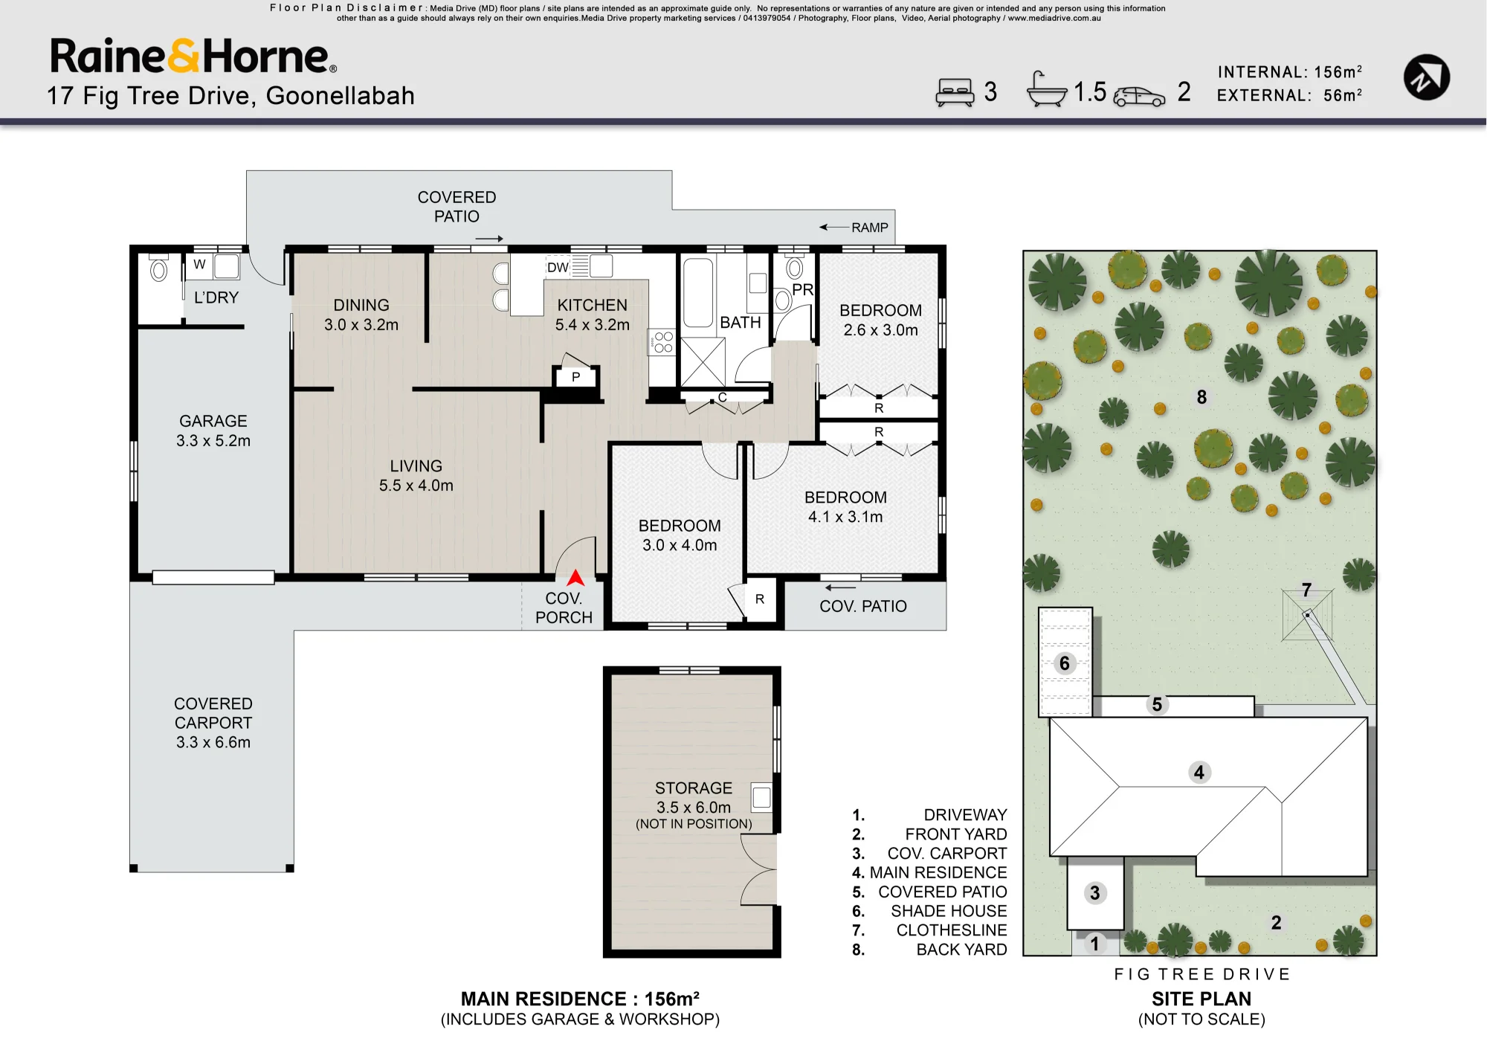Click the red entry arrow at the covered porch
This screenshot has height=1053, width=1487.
(x=575, y=578)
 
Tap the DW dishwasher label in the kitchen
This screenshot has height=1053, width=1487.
(x=558, y=268)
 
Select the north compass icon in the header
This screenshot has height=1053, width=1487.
(x=1426, y=77)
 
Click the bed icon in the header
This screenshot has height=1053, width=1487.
(x=955, y=92)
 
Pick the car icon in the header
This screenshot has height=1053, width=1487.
(x=1139, y=97)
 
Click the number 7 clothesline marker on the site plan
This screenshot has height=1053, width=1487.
(x=1306, y=590)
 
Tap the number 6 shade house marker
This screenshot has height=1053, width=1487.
(x=1065, y=663)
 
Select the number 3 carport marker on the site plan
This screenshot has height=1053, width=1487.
(x=1094, y=893)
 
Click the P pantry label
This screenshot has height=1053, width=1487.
(x=575, y=377)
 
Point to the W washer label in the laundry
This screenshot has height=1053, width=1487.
(x=199, y=264)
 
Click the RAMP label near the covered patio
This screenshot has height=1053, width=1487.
(x=870, y=228)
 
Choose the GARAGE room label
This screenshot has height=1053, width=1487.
(x=213, y=421)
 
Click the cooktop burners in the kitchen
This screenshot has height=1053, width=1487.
(x=662, y=342)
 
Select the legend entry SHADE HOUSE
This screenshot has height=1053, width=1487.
(x=949, y=911)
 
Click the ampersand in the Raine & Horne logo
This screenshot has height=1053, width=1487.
(x=184, y=57)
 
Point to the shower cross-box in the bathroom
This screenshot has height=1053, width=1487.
(x=703, y=361)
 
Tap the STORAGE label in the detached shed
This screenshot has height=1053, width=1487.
(x=694, y=788)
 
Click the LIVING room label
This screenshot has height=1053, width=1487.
(x=416, y=466)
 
